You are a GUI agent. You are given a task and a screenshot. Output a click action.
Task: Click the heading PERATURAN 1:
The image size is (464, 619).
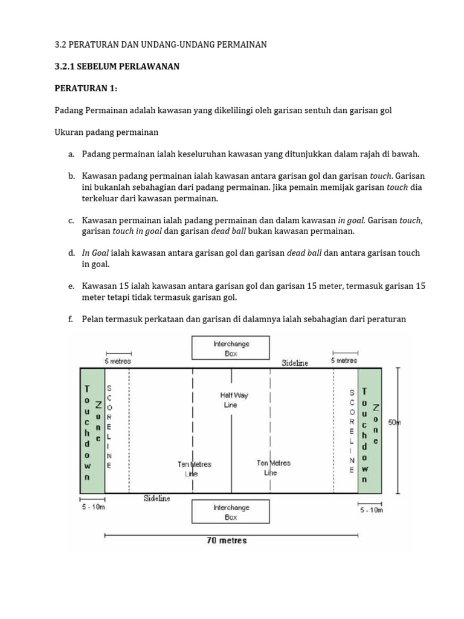(x=86, y=88)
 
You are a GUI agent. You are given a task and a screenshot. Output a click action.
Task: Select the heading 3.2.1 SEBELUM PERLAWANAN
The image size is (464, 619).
(x=117, y=66)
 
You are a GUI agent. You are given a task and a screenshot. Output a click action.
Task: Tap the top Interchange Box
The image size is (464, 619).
(x=231, y=348)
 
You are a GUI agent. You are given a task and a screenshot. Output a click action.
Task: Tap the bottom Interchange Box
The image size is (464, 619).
(x=231, y=512)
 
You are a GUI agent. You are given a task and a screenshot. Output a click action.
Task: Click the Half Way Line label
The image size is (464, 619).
(x=234, y=400)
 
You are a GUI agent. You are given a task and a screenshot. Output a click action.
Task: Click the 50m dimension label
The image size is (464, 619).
(x=395, y=423)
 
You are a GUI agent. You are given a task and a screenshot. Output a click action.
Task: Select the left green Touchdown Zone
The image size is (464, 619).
(x=92, y=430)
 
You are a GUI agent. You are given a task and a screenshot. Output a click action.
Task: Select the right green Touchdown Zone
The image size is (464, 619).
(x=369, y=430)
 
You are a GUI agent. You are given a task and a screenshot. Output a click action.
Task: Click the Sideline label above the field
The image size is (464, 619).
(x=295, y=363)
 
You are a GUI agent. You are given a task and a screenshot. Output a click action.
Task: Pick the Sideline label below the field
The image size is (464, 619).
(x=157, y=498)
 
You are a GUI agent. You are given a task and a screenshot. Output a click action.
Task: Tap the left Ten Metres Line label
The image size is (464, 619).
(x=194, y=469)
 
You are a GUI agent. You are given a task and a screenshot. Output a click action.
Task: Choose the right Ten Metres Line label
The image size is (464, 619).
(x=273, y=467)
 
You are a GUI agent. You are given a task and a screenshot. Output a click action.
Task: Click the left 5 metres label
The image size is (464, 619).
(x=118, y=361)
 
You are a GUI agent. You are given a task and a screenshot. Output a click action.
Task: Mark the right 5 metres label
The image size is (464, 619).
(x=344, y=360)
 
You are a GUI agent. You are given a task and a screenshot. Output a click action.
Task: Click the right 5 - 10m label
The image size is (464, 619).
(x=371, y=510)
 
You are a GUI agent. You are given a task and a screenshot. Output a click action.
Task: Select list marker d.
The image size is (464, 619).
(x=71, y=253)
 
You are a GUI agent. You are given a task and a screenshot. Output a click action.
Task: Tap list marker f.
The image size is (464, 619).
(x=71, y=319)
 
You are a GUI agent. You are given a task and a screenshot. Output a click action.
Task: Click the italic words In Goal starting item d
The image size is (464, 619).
(x=95, y=253)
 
